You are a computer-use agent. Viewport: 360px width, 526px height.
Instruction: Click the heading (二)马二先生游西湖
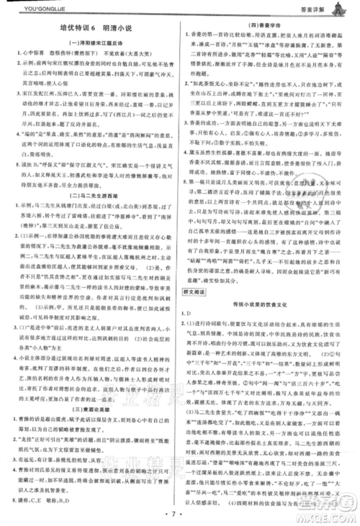93,196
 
